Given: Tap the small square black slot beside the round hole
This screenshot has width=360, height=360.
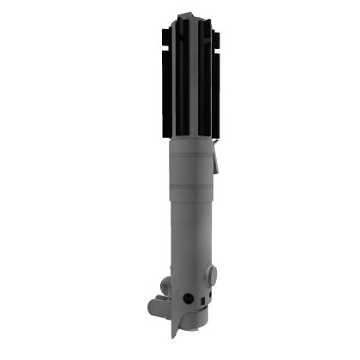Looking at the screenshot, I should pyautogui.click(x=200, y=299).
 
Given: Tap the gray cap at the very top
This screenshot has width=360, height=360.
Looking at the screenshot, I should pyautogui.click(x=188, y=12).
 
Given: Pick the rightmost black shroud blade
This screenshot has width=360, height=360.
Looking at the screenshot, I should pyautogui.click(x=221, y=81).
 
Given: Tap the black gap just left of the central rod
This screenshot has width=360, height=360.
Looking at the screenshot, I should pyautogui.click(x=179, y=77).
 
